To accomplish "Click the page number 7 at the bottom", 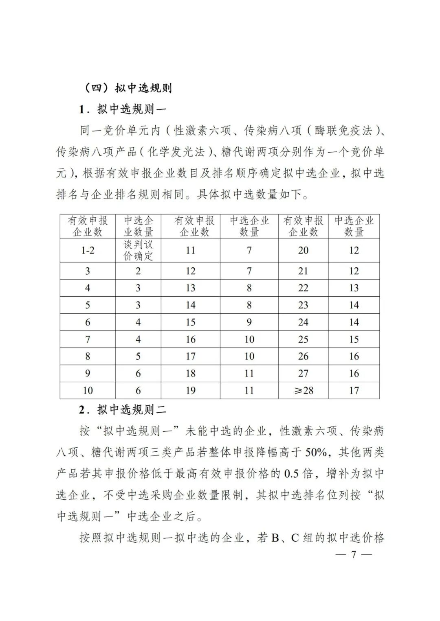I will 354,555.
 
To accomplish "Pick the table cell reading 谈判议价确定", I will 138,250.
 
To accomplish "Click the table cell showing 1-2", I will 88,251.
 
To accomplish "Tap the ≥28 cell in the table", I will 304,391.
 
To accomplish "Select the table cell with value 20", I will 303,251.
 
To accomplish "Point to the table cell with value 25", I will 303,339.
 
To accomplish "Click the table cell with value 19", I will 191,391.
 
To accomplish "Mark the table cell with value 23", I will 303,305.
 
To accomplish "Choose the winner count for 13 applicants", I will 249,288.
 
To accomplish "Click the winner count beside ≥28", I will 354,391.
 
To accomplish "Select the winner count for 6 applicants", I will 138,322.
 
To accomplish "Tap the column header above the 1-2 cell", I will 88,226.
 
